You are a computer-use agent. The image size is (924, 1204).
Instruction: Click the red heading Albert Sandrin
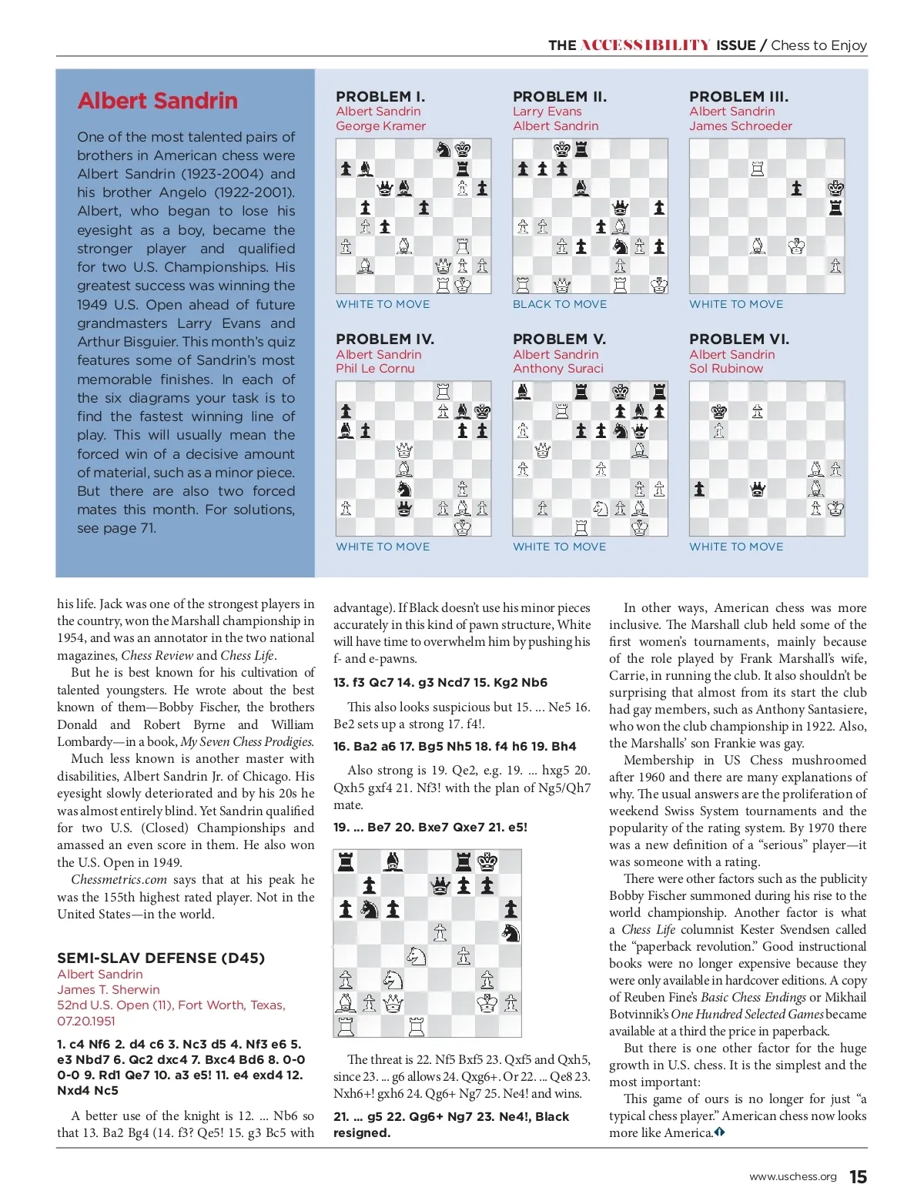point(158,101)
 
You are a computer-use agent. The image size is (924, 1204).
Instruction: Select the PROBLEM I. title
point(380,97)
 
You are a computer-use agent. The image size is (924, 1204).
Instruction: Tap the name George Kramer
point(380,126)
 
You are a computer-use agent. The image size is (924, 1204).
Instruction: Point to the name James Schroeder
point(740,126)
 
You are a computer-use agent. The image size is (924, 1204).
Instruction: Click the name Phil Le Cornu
point(375,369)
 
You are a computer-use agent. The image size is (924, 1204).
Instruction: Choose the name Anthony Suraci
point(558,369)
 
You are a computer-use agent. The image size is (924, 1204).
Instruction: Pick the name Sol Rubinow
point(726,369)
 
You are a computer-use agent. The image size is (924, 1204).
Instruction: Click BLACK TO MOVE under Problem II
point(560,305)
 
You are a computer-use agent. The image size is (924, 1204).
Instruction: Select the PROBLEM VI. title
point(738,339)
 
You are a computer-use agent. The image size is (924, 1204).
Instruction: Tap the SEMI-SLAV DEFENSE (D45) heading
point(161,958)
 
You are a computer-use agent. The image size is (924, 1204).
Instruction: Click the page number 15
point(858,1177)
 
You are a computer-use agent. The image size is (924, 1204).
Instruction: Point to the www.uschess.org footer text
point(792,1177)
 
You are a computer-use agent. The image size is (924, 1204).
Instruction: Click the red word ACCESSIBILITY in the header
point(645,45)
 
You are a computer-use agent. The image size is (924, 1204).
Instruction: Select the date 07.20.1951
point(86,1021)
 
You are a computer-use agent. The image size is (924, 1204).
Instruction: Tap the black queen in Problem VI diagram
point(758,489)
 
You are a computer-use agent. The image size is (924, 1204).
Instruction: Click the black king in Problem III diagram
point(835,188)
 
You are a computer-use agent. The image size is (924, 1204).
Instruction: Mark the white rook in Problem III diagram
point(758,169)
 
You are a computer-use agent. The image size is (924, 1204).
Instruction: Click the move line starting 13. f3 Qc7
point(440,683)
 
